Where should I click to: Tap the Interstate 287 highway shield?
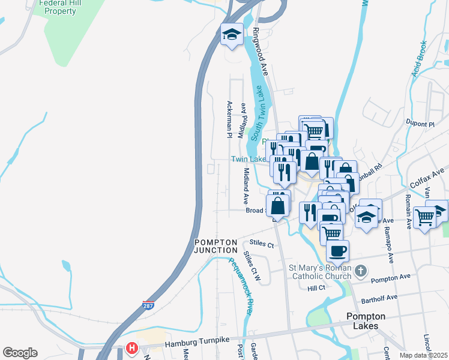148,305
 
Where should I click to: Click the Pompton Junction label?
215,246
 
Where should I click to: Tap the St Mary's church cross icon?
360,271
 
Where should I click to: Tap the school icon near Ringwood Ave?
231,35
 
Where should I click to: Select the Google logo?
20,353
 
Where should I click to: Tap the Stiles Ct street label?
262,245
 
